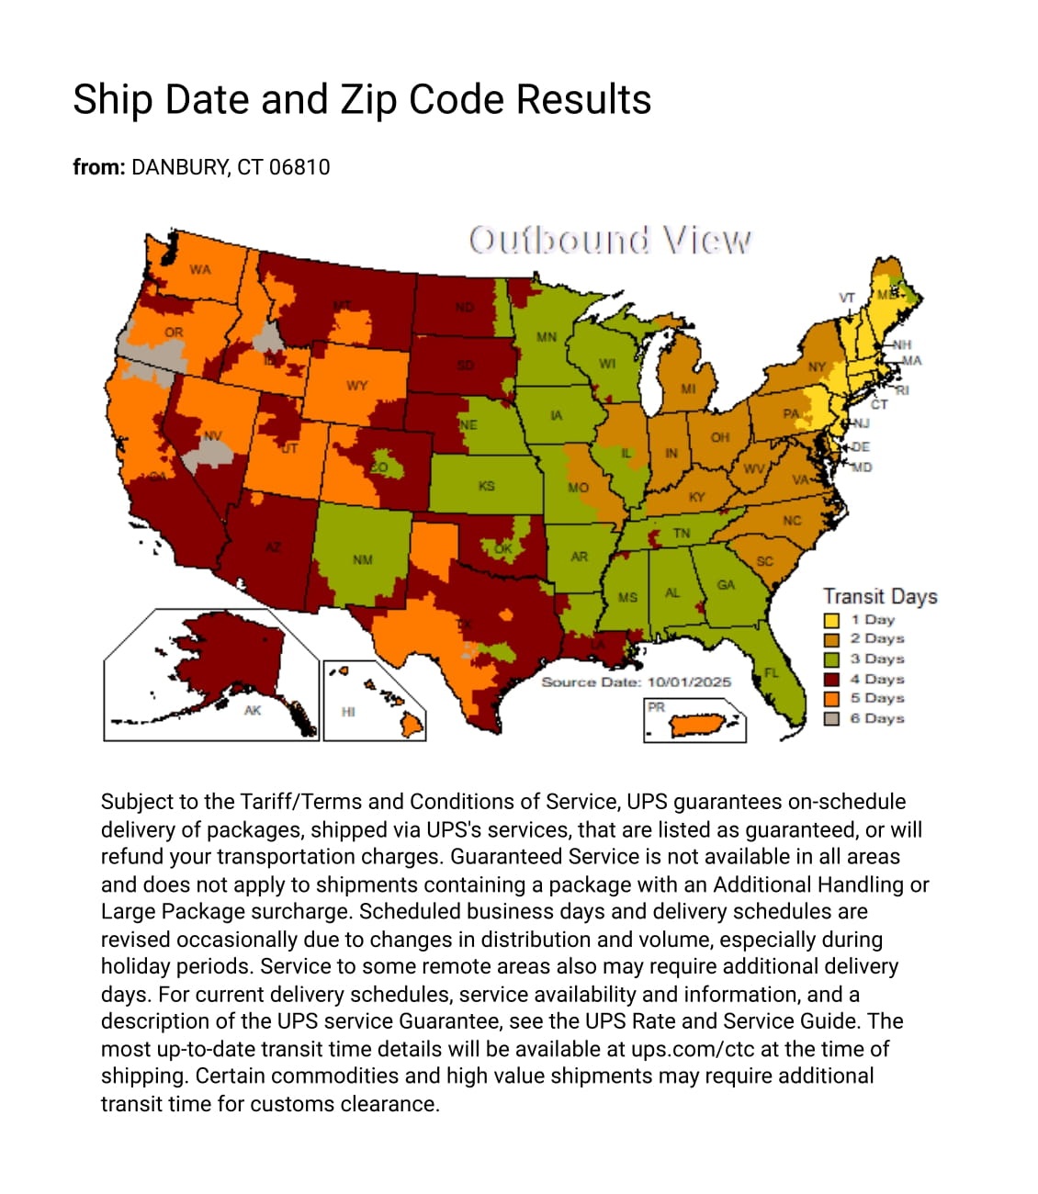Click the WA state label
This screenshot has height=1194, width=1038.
click(200, 269)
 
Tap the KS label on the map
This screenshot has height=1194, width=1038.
click(487, 485)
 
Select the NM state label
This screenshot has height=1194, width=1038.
click(363, 559)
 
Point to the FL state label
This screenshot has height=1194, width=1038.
click(772, 672)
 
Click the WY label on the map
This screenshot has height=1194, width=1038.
click(357, 385)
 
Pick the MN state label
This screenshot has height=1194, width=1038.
click(547, 337)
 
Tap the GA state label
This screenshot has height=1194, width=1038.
click(726, 584)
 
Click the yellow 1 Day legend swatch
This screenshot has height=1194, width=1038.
click(831, 620)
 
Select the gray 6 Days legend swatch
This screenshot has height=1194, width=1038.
click(831, 718)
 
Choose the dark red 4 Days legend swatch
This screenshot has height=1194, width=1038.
click(831, 679)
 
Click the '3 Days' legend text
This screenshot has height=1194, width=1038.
click(877, 659)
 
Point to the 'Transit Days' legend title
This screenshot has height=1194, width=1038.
click(880, 596)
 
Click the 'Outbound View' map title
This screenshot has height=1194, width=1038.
click(609, 241)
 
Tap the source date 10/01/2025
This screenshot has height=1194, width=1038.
click(689, 681)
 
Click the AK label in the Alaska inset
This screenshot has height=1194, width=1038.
click(253, 710)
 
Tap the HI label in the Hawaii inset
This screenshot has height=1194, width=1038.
click(348, 711)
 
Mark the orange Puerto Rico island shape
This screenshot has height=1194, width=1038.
click(698, 727)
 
